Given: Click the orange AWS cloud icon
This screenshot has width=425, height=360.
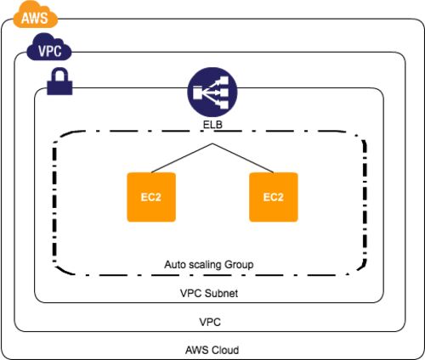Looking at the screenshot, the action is pyautogui.click(x=36, y=15).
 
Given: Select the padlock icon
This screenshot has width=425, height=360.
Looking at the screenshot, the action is pyautogui.click(x=59, y=82).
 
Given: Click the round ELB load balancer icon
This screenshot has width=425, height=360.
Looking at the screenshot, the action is pyautogui.click(x=212, y=92).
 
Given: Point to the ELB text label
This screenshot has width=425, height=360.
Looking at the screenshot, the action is pyautogui.click(x=212, y=125).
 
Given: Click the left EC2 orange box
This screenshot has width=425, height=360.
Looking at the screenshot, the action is pyautogui.click(x=151, y=197).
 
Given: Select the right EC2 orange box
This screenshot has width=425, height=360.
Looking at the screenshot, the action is pyautogui.click(x=274, y=197).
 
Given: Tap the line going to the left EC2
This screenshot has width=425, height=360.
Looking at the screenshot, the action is pyautogui.click(x=182, y=158).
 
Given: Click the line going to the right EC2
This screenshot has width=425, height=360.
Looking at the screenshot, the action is pyautogui.click(x=243, y=158).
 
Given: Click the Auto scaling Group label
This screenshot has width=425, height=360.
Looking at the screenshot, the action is pyautogui.click(x=209, y=265).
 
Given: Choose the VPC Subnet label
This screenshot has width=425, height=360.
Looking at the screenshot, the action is pyautogui.click(x=209, y=293).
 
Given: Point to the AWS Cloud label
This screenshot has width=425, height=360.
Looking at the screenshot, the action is pyautogui.click(x=212, y=350).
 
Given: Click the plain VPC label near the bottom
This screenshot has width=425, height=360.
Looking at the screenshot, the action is pyautogui.click(x=210, y=322).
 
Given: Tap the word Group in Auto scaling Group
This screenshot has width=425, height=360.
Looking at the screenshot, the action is pyautogui.click(x=239, y=265).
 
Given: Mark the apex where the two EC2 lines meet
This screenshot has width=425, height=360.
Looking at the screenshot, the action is pyautogui.click(x=212, y=143).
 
